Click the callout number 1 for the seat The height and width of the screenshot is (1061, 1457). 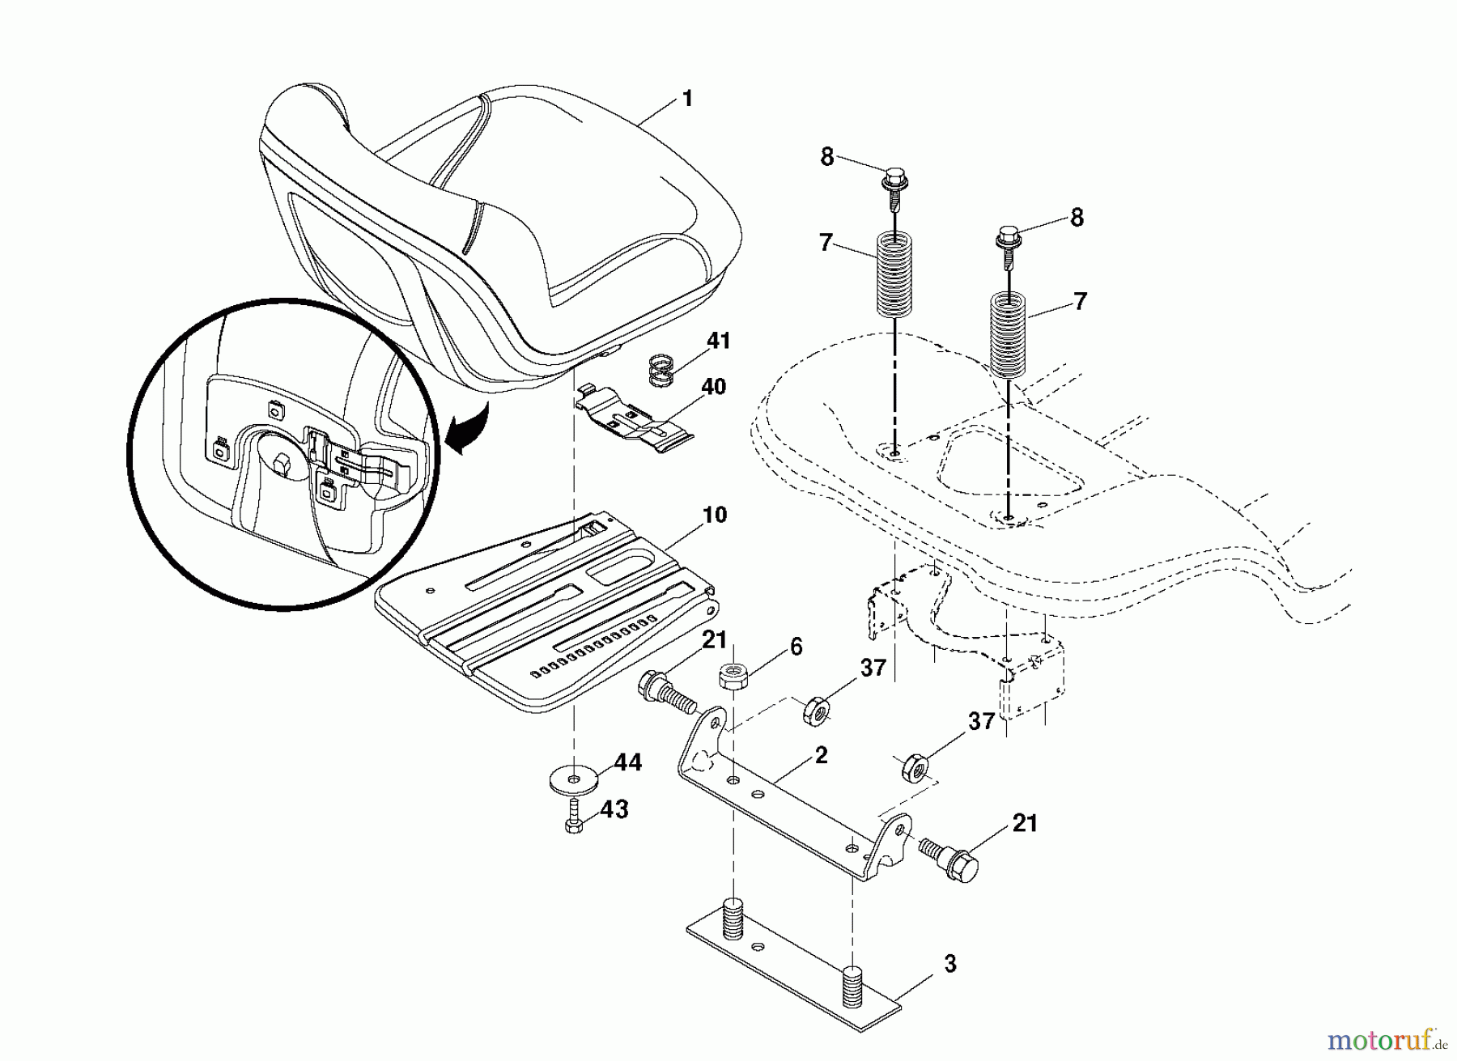tap(687, 100)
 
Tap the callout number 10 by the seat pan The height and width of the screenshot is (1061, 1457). tap(715, 515)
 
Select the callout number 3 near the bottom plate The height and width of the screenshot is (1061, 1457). tap(949, 964)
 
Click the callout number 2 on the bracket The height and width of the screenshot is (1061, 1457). tap(821, 755)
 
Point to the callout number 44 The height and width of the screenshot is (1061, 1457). tap(628, 762)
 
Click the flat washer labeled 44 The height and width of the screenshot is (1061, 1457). tap(574, 780)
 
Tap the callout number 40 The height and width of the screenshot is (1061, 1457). tap(713, 387)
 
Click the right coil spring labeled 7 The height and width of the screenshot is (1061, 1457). tap(1009, 333)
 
